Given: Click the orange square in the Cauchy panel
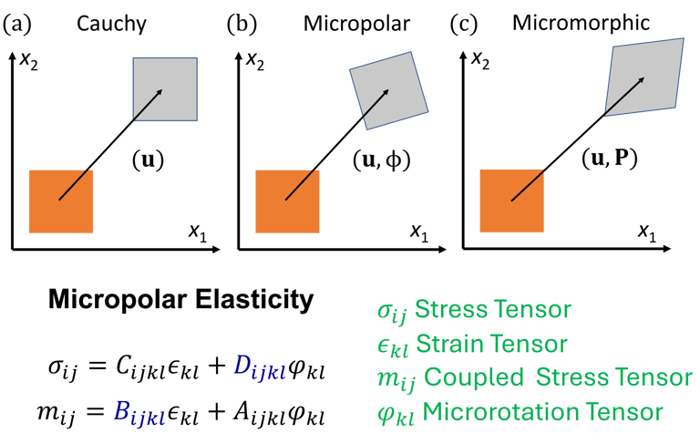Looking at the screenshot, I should (x=61, y=201).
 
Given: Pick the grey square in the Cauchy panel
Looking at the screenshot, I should (x=165, y=89).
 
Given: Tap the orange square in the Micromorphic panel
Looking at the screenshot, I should (x=511, y=201).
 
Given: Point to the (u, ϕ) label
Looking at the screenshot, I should (x=381, y=161).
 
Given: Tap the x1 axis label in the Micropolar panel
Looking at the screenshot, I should (x=419, y=234).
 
